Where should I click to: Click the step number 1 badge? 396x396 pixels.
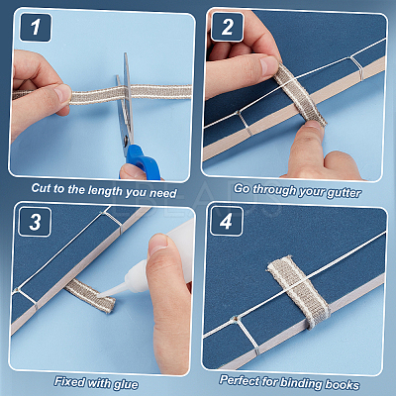tap(36, 28)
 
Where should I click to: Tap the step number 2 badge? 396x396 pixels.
tap(227, 27)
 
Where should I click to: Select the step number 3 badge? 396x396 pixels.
tap(35, 222)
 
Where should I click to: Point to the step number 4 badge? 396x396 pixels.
tap(227, 221)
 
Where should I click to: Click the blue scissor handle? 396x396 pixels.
tap(142, 162)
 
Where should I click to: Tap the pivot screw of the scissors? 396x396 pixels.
tap(127, 143)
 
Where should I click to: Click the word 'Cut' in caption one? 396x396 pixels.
tap(42, 188)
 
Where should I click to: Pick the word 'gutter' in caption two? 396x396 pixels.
tap(344, 193)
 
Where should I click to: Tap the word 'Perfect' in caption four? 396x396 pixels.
tap(240, 380)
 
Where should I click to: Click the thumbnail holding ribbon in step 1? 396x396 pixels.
tap(62, 93)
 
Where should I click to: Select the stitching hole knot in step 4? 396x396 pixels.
tap(236, 320)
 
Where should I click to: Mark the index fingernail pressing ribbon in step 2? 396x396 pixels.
tap(268, 65)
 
